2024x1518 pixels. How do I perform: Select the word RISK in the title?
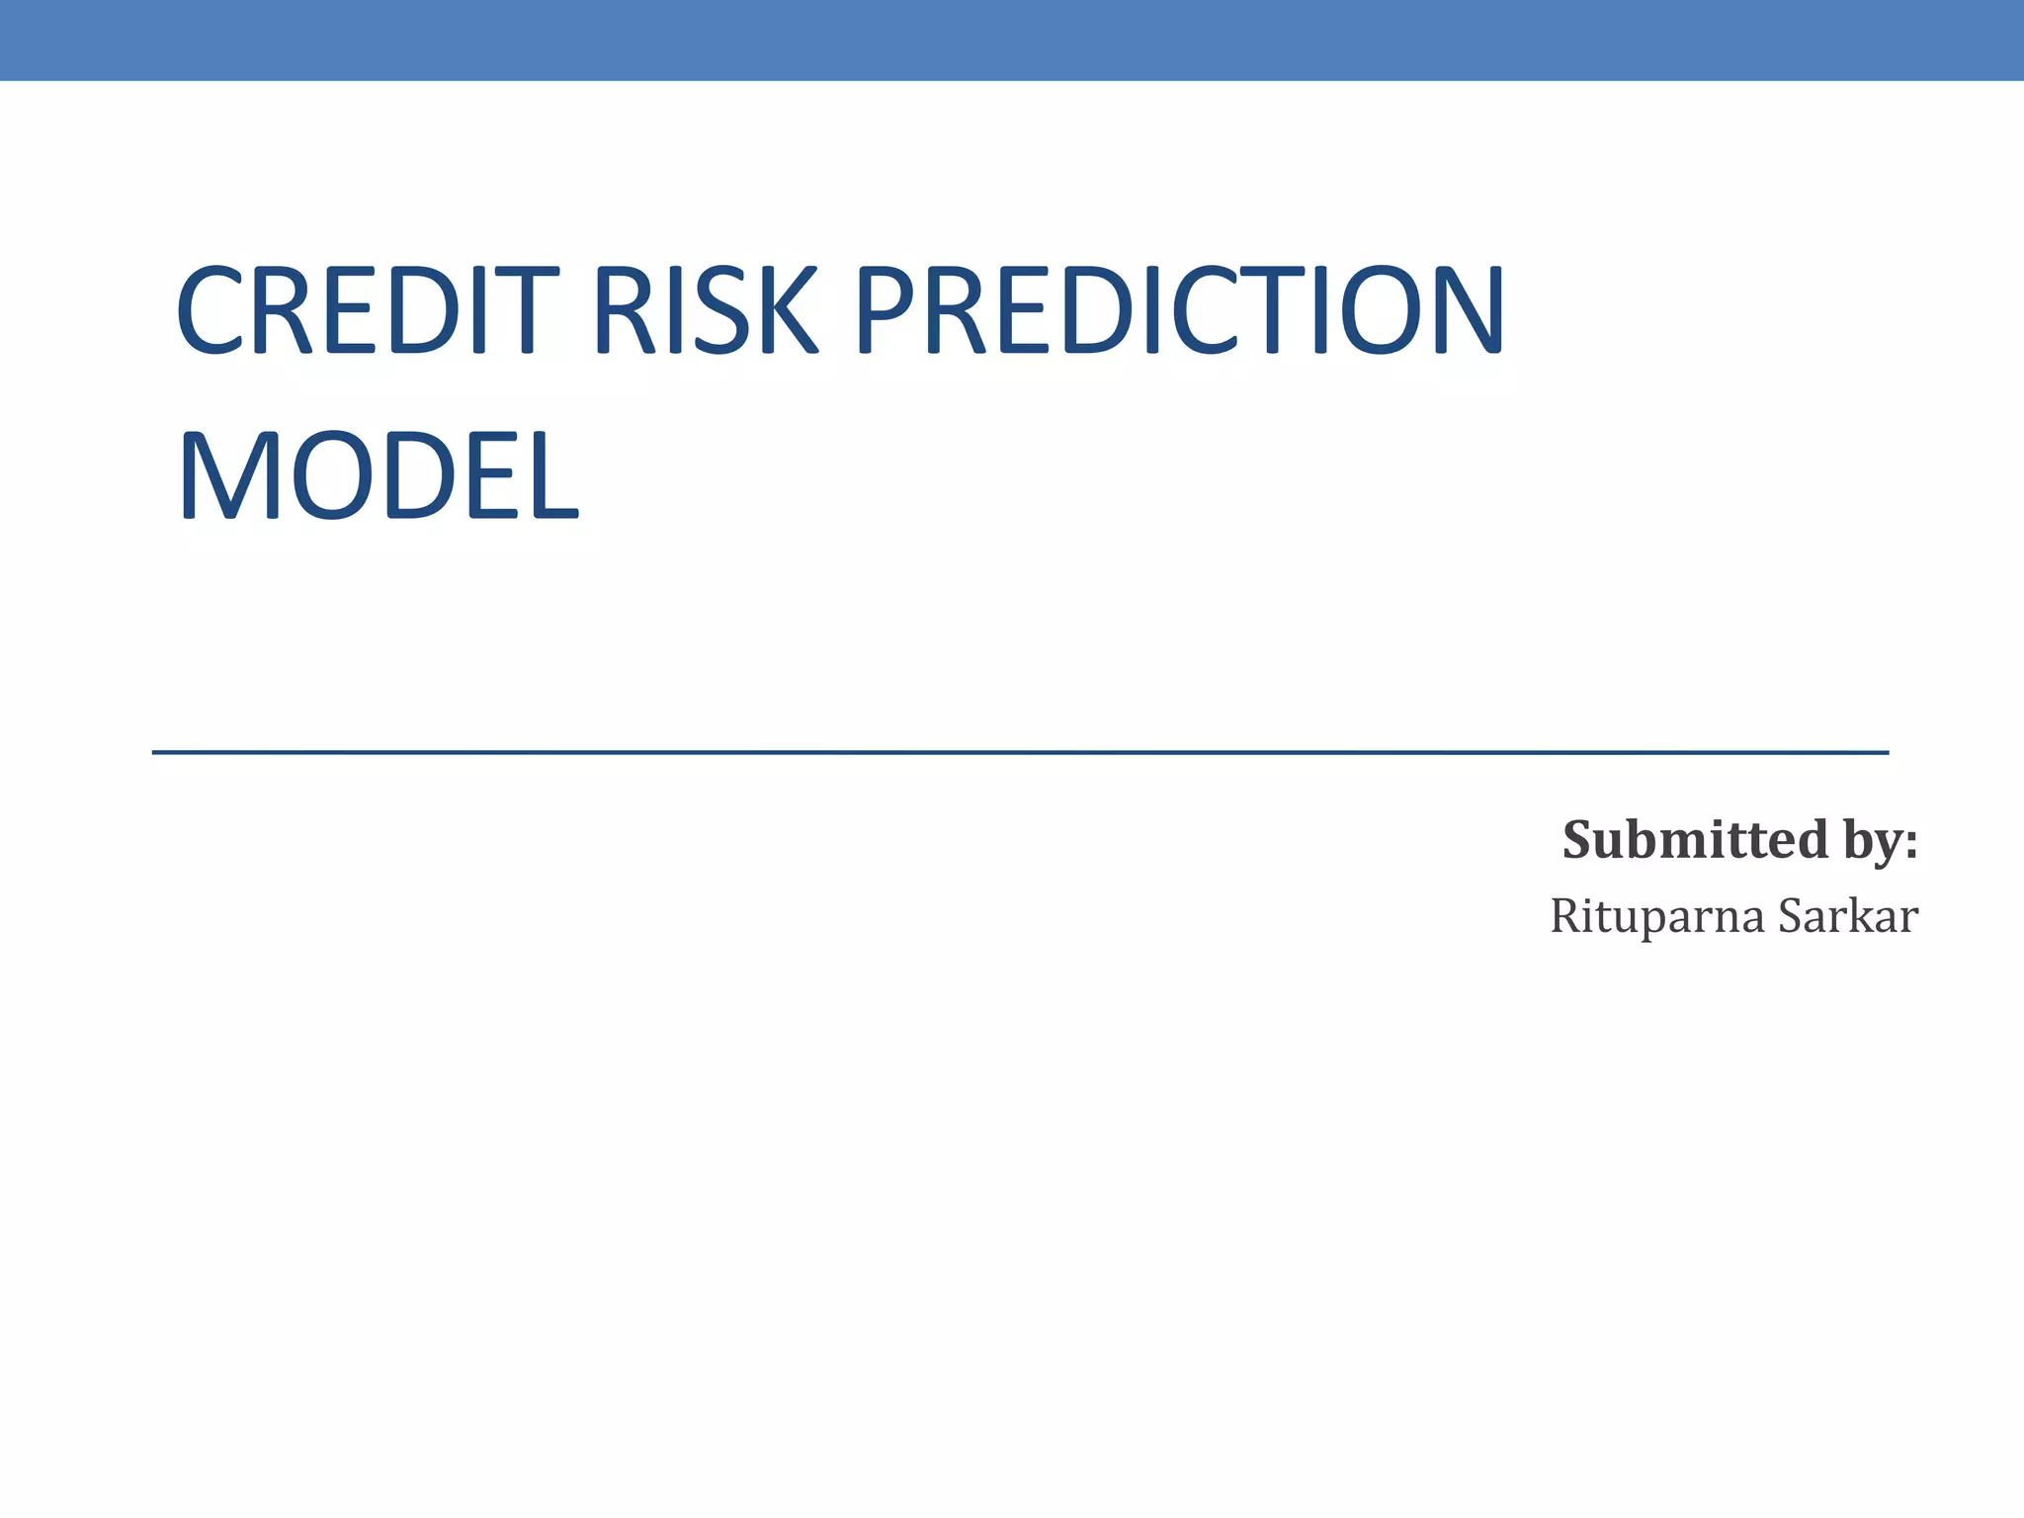tap(706, 310)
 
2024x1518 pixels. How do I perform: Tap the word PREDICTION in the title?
tap(1178, 310)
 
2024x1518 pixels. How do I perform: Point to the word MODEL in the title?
tap(378, 476)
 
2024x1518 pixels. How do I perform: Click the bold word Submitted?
tap(1695, 840)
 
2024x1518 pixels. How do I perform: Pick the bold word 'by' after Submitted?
tap(1871, 842)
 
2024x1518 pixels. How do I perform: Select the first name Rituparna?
tap(1656, 917)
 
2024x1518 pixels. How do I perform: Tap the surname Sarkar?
tap(1848, 916)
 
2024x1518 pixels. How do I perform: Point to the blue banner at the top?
tap(1012, 40)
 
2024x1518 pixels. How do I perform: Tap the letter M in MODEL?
tap(223, 476)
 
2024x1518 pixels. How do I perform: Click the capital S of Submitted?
tap(1577, 840)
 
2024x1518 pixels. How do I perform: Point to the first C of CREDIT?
tap(211, 310)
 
